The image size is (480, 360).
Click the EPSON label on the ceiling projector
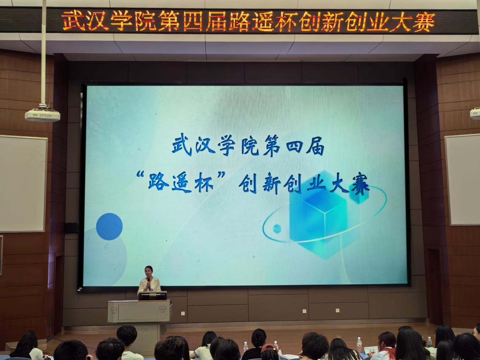(x=46, y=116)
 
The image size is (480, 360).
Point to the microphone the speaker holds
(x=149, y=283)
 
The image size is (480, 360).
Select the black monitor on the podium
(x=153, y=296)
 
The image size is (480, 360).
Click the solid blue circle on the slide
(x=109, y=226)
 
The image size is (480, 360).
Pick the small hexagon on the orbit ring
(x=277, y=228)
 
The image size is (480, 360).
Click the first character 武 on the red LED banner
(x=73, y=21)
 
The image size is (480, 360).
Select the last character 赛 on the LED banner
(x=424, y=22)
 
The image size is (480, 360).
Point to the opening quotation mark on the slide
(x=140, y=175)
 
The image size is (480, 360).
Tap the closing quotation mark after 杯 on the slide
(x=221, y=175)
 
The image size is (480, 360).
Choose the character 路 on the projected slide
(x=158, y=182)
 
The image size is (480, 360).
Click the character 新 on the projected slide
(x=271, y=184)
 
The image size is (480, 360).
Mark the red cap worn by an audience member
(x=269, y=347)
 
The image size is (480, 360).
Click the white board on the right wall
(x=463, y=180)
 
